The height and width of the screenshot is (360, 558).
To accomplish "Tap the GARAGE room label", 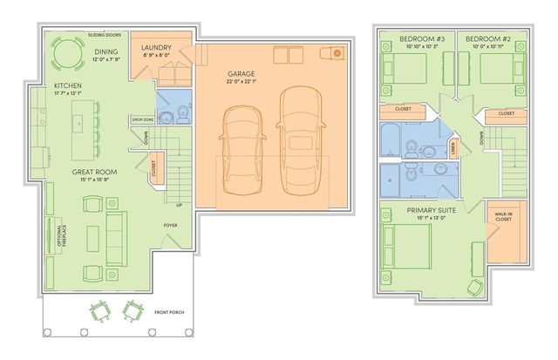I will pos(242,75).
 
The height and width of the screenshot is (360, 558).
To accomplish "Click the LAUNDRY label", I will pos(156,47).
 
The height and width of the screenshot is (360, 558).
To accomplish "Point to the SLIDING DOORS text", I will pos(104,36).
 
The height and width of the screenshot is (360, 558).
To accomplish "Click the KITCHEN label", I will pos(68,85).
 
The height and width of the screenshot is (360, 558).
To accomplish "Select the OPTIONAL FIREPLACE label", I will pos(59,236).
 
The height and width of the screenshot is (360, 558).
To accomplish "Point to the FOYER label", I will pos(171,226).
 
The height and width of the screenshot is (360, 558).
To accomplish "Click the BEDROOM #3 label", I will pos(422,39).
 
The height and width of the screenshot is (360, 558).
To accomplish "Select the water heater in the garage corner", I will pos(337,54).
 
